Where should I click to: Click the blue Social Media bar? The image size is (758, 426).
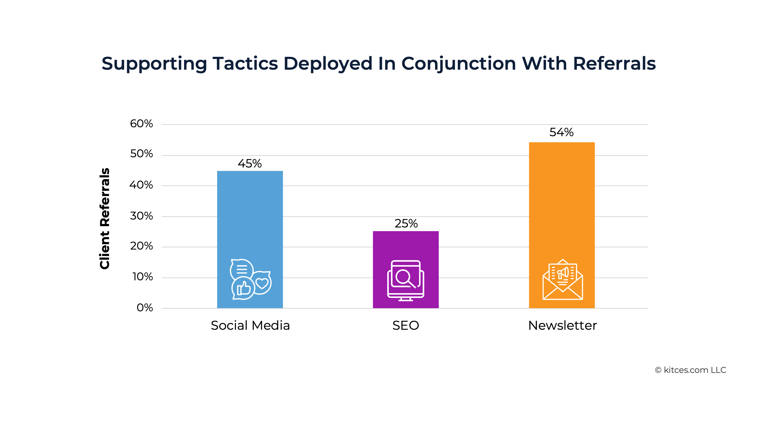pos(250,212)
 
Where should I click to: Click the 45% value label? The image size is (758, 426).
pos(250,164)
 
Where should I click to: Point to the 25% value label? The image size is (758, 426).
pos(406,224)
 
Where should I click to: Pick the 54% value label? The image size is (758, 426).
pos(561,132)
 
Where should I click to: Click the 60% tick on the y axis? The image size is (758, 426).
pos(141,124)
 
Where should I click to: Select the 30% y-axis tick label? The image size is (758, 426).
pos(141,216)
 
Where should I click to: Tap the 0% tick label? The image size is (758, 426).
pos(144,308)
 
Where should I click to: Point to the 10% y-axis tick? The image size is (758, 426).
pos(142,277)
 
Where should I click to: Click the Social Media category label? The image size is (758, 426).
pos(250,326)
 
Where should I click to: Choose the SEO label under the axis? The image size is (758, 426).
pos(406,326)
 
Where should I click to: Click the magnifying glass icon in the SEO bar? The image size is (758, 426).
pos(404,277)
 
